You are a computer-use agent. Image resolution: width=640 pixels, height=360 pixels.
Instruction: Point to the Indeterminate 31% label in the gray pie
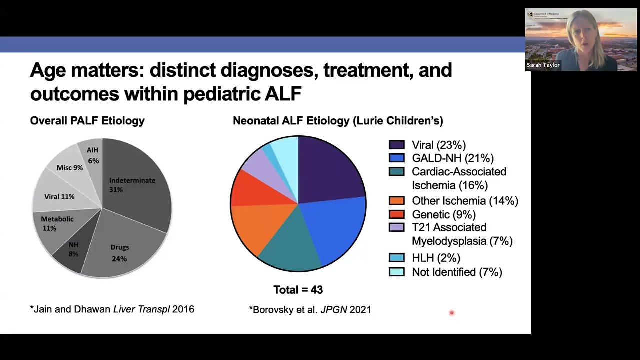[x=132, y=185]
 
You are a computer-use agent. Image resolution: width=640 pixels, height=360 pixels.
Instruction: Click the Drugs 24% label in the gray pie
[x=119, y=253]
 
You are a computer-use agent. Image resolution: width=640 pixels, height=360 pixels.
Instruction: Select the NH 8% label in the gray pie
[x=73, y=249]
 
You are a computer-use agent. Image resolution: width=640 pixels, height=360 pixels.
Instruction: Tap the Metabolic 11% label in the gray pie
[x=57, y=223]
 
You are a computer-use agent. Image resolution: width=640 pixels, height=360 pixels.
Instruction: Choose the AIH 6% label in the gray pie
[x=93, y=155]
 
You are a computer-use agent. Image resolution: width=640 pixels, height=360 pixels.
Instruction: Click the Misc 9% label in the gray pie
[x=69, y=168]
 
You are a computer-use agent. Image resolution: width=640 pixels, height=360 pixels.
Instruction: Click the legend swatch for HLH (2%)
[x=396, y=258]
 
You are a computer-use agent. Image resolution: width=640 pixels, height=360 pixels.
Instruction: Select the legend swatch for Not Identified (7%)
[x=396, y=272]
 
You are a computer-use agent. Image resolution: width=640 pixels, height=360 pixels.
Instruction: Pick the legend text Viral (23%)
[x=438, y=145]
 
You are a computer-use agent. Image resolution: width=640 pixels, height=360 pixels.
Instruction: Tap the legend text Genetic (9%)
[x=443, y=214]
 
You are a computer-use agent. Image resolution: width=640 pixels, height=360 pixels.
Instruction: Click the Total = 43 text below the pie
[x=298, y=290]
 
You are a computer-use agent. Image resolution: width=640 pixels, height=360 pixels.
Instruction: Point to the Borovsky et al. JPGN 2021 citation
[x=310, y=309]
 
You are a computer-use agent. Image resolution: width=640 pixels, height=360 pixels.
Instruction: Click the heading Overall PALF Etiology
[x=87, y=121]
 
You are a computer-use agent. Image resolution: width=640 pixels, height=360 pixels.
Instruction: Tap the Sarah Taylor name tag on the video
[x=543, y=65]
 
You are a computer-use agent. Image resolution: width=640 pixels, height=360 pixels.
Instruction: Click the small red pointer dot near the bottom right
[x=451, y=313]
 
